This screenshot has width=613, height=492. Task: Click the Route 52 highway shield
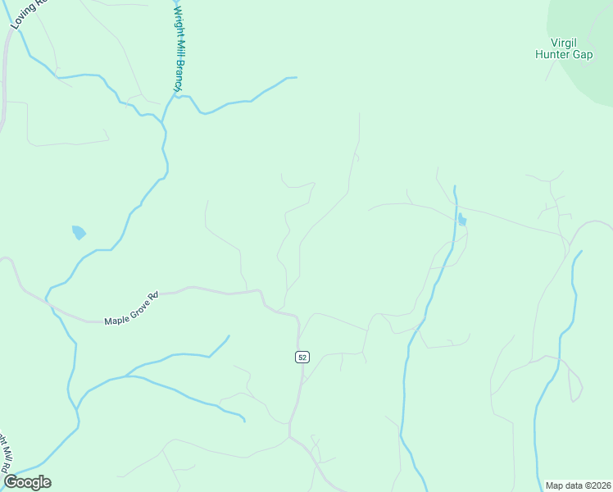tap(302, 357)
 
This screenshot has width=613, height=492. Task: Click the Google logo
tap(27, 482)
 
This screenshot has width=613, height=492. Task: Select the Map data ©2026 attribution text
tap(578, 485)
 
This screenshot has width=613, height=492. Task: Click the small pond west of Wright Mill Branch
tap(79, 232)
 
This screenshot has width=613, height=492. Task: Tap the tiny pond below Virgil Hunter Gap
tap(462, 220)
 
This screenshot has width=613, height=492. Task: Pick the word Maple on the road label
tap(116, 317)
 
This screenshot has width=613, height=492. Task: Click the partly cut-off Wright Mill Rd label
tap(7, 455)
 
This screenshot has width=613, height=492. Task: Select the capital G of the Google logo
tap(11, 482)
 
